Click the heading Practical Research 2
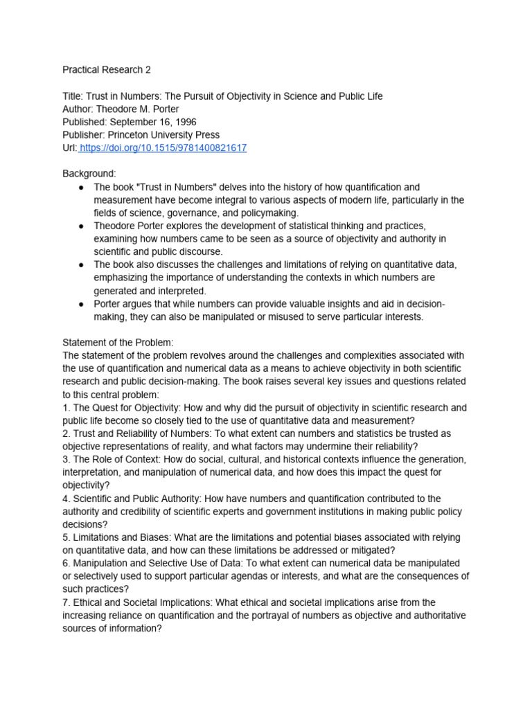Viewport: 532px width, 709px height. tap(107, 70)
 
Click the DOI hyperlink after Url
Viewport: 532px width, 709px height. tap(164, 148)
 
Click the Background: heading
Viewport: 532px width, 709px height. tap(89, 174)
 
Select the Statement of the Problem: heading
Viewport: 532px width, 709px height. tap(118, 343)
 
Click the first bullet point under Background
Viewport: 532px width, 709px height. tap(81, 188)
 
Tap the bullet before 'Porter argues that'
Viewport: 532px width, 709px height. tap(81, 305)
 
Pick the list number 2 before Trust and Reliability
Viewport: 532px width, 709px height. tap(66, 433)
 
